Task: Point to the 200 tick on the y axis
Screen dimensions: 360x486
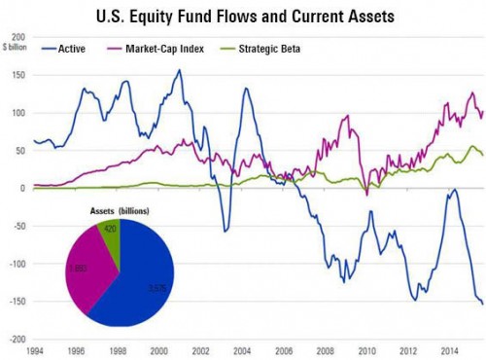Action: (x=17, y=37)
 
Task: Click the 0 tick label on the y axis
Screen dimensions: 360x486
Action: (x=21, y=188)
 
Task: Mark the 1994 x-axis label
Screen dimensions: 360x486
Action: (x=33, y=349)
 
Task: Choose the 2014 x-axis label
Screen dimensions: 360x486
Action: (x=450, y=349)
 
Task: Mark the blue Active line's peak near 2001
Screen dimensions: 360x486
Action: (x=180, y=70)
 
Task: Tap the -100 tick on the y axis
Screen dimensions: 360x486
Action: (x=16, y=264)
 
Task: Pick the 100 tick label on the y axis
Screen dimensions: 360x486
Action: (x=17, y=113)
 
